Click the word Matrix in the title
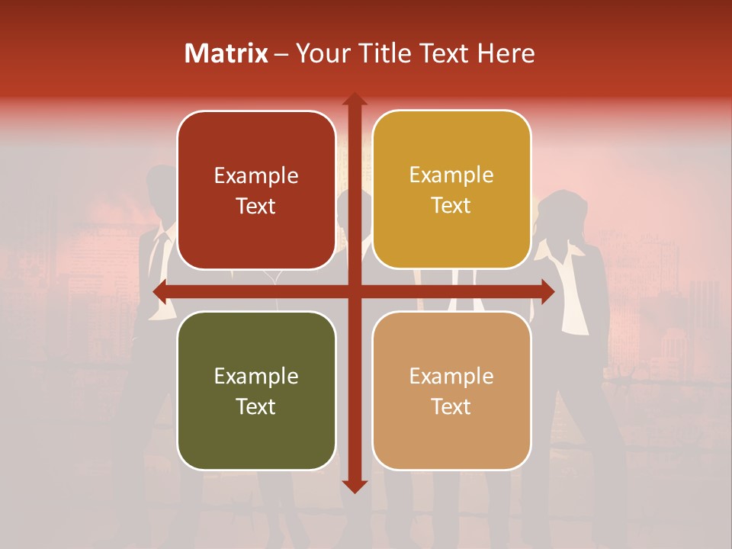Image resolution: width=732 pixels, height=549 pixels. coord(226,53)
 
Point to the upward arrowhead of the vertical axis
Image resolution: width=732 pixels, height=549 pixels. coord(354,99)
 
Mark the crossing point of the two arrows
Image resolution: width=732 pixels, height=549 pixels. coord(354,291)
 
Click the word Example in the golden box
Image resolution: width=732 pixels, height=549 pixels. coord(451,175)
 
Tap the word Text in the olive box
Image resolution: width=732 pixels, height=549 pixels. coord(255,406)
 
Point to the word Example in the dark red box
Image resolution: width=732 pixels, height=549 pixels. coord(256,176)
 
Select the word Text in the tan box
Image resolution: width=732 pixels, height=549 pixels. coord(451,406)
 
